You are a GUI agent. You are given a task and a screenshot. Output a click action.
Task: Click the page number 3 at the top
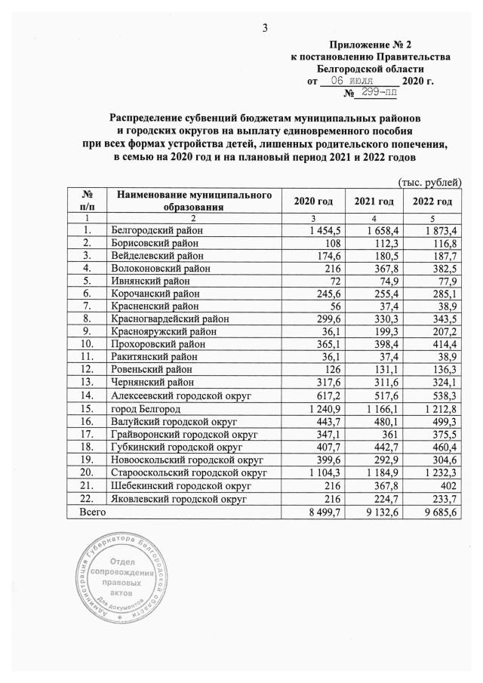click(264, 29)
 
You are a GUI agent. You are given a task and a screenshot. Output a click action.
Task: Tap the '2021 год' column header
click(374, 201)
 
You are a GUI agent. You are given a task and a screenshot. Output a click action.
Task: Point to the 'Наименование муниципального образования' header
click(193, 201)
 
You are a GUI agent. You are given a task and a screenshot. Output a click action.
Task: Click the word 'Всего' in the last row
click(93, 512)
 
